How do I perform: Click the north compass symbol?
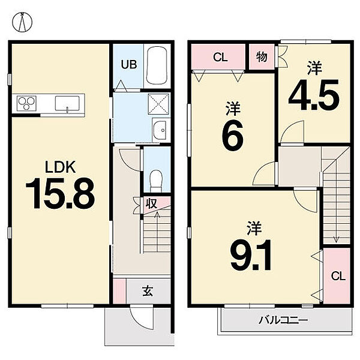point(22,22)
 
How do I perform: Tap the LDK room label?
point(61,167)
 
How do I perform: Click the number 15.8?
point(60,194)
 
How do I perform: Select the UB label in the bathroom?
point(129,65)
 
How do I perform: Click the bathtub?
point(157,65)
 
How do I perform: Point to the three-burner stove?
point(27,103)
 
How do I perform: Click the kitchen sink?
point(67,104)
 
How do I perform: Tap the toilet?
point(156,180)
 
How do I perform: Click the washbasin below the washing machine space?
point(160,130)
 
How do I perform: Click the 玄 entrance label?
point(148,291)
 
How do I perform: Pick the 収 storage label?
point(152,203)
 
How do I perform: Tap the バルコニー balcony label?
point(283,320)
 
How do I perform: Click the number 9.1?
point(251,255)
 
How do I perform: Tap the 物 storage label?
point(262,57)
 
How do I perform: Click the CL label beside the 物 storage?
point(220,57)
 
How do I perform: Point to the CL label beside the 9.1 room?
point(338,276)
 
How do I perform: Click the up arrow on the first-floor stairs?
point(157,232)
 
